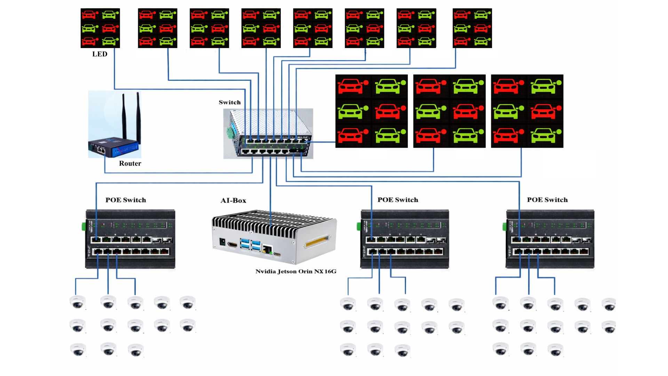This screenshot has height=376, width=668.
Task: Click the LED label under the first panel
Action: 100,54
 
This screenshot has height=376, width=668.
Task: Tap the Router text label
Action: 130,163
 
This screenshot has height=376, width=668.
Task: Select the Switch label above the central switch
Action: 230,102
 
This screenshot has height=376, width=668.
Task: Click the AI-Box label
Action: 233,201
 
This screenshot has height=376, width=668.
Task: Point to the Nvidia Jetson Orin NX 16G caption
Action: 296,271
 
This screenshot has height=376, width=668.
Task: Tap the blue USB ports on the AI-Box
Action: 250,244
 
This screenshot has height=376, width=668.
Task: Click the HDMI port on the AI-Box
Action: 232,245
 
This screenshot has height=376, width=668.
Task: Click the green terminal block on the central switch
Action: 230,132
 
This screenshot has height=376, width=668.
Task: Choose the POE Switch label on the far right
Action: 547,200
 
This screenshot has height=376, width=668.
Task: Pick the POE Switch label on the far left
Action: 126,200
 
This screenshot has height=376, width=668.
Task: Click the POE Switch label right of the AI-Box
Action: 398,200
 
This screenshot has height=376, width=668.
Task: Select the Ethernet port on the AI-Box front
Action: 267,249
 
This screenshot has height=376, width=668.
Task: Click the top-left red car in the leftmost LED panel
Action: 89,15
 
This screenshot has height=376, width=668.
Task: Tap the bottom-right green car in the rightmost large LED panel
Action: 545,135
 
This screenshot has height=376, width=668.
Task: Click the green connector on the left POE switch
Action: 84,227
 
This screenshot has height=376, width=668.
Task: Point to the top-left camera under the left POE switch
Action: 77,302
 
